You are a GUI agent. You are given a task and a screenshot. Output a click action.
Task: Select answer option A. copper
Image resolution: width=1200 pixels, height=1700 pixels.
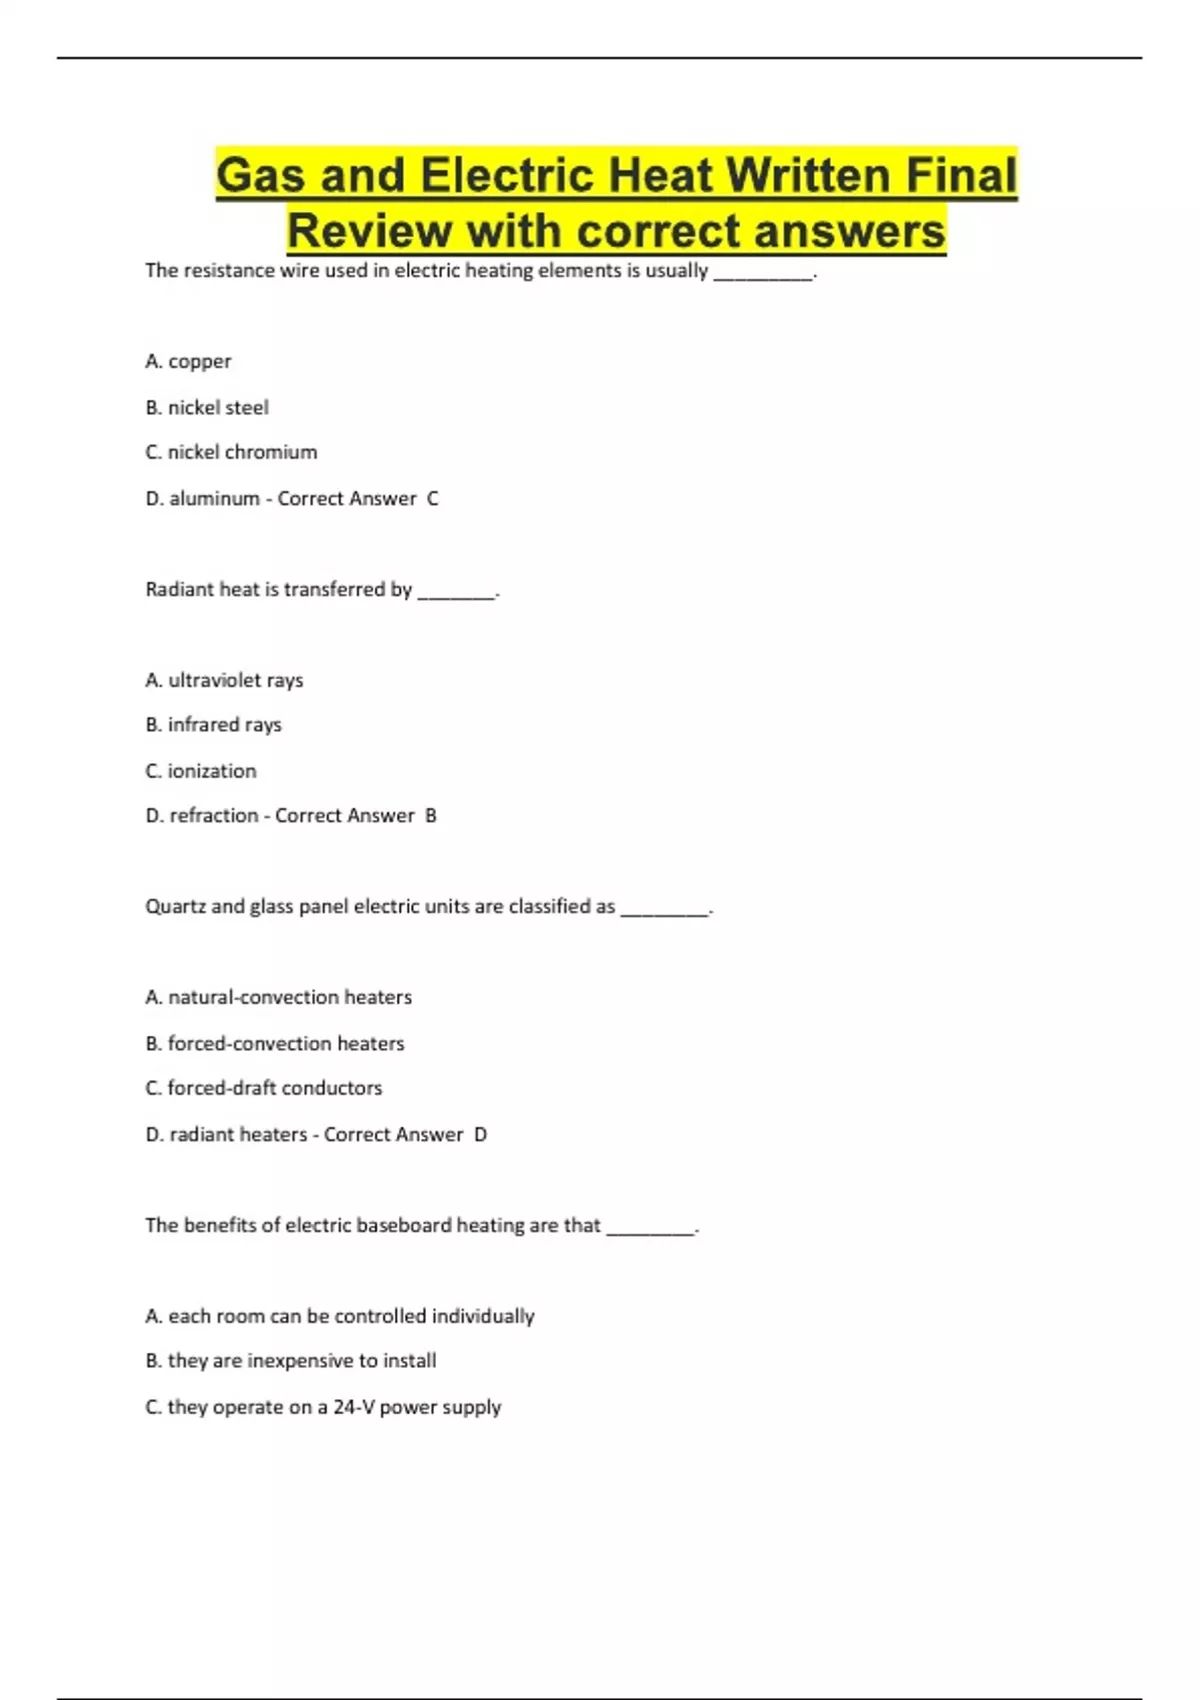click(188, 361)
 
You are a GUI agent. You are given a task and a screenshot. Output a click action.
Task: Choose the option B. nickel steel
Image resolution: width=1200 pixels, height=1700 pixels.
click(207, 407)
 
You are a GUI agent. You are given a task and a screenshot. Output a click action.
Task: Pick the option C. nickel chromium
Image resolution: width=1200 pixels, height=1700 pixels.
click(231, 452)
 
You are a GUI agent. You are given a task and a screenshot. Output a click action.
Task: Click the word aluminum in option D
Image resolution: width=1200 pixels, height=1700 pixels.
click(214, 498)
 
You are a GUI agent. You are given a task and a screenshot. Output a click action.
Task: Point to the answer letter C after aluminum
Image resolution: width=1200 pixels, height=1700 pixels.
click(433, 498)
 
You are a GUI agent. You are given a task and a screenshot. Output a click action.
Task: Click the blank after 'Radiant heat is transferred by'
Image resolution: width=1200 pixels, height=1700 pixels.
click(456, 591)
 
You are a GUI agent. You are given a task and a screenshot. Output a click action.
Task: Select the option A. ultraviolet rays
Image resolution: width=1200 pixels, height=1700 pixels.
click(224, 680)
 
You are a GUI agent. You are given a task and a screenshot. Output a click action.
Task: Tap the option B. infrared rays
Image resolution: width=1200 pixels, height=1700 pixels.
click(213, 724)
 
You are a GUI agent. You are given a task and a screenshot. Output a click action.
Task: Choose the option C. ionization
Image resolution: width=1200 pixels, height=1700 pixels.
click(201, 771)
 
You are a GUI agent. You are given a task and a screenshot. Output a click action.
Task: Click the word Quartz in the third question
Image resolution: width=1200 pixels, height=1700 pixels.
click(175, 907)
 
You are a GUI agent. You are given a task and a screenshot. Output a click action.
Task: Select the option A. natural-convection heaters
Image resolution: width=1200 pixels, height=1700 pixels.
click(278, 997)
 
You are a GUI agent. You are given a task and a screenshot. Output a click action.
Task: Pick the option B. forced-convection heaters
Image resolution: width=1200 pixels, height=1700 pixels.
click(275, 1043)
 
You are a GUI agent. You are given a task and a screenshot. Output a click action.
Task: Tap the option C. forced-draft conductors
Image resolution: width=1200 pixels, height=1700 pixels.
click(264, 1088)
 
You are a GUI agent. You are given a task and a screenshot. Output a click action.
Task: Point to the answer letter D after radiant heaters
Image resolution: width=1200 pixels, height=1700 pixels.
click(480, 1134)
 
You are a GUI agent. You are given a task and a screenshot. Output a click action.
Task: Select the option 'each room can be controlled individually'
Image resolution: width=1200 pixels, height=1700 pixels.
click(340, 1316)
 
